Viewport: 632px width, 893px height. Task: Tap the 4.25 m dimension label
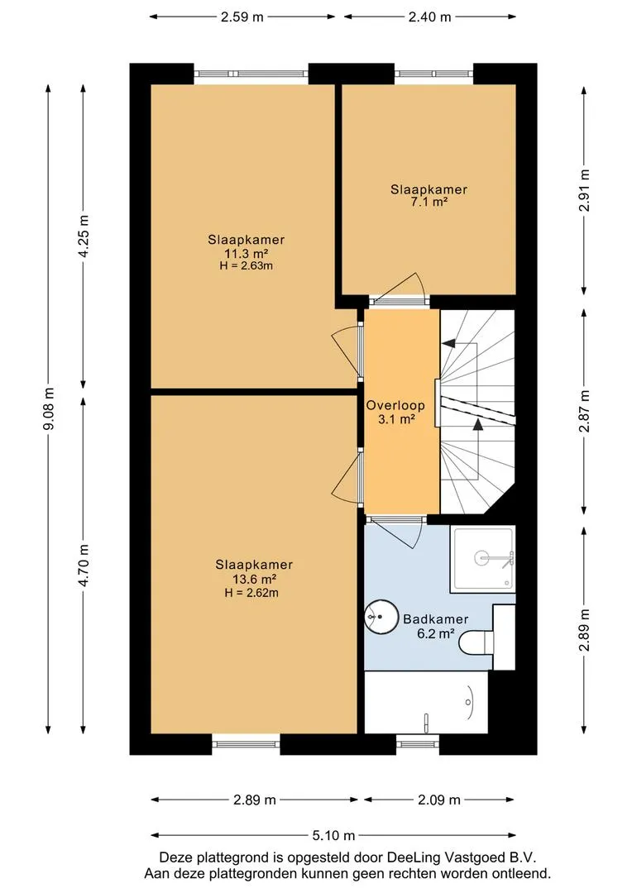(x=83, y=236)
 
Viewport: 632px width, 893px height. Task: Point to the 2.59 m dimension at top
(x=243, y=17)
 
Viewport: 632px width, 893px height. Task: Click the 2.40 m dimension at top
(x=429, y=17)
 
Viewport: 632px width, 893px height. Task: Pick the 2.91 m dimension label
(x=585, y=191)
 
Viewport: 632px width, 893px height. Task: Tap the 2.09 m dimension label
(x=439, y=800)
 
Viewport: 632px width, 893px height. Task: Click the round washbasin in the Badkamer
(x=380, y=616)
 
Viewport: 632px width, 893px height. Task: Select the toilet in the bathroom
(x=479, y=642)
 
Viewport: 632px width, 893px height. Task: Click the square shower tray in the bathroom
(x=482, y=559)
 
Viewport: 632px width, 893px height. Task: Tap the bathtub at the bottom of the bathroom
(x=425, y=702)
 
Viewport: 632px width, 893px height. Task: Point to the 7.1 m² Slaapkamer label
(x=429, y=195)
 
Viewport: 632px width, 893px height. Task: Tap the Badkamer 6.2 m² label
(x=435, y=626)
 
